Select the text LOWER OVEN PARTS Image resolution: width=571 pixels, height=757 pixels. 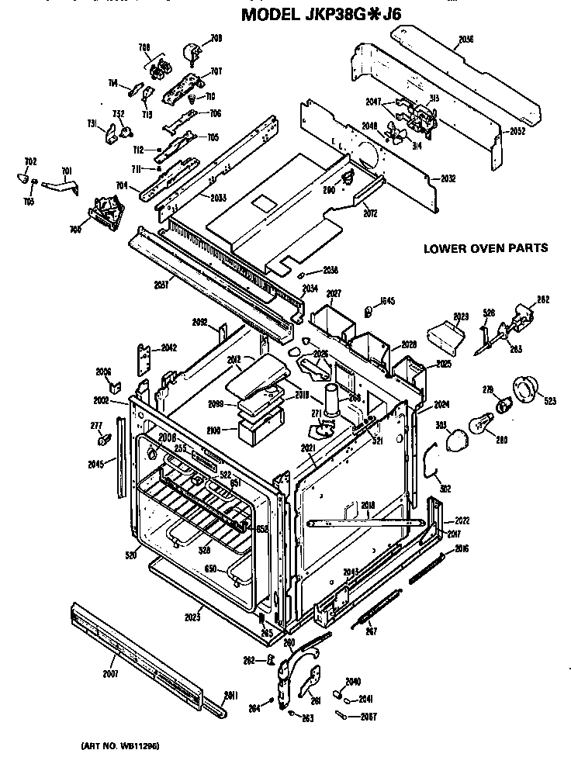pos(486,249)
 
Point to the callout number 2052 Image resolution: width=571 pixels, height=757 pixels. pos(517,131)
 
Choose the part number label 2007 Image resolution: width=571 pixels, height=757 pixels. pos(110,673)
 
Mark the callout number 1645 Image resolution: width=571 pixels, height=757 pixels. pos(388,302)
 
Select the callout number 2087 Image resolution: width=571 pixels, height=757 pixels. pos(369,715)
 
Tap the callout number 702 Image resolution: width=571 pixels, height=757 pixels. pos(30,161)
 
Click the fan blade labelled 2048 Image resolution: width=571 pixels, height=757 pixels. pos(396,135)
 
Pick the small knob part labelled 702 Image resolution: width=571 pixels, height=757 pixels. pos(23,178)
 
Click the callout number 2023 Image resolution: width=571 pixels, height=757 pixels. pos(192,617)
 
